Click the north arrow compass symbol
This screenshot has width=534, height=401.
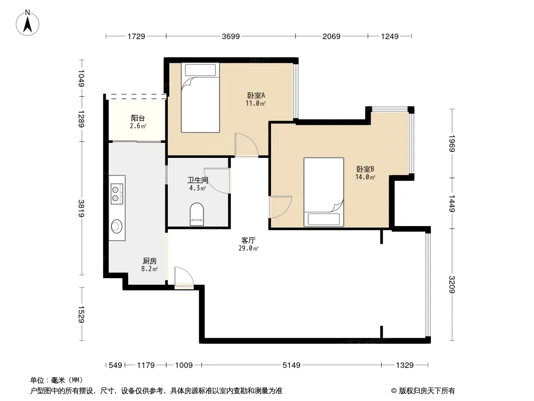coord(28,23)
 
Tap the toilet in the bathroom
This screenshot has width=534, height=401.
coord(197,214)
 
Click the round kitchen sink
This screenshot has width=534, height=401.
coord(117,226)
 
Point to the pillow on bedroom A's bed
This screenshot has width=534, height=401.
coord(200,70)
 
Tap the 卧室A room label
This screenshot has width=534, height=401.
coord(256,95)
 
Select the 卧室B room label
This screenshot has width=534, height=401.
coord(365,169)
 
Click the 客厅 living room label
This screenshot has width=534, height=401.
coord(248,241)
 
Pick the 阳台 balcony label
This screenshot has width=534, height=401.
coord(138,118)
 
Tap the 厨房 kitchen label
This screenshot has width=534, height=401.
coord(149,261)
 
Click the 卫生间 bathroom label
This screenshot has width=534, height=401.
coord(197,180)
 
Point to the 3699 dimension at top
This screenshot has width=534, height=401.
coord(231,36)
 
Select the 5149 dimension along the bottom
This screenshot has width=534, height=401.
coord(292,365)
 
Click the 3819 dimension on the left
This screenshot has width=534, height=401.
coord(81,209)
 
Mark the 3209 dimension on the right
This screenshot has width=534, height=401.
coord(452,284)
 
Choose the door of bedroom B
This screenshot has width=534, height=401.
coord(281,207)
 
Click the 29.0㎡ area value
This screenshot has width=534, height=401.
coord(248,248)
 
